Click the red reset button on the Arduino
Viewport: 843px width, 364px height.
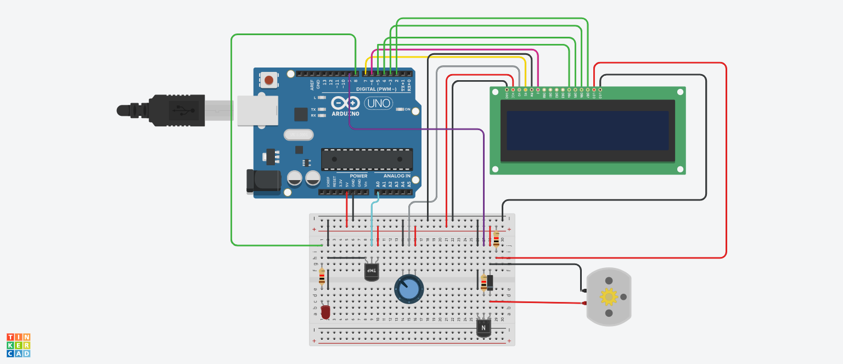(269, 80)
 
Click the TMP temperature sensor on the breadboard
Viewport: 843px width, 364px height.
(372, 271)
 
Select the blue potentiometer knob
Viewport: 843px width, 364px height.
(409, 289)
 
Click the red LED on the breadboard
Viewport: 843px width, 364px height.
(325, 312)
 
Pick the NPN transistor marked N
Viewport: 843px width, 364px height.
(483, 328)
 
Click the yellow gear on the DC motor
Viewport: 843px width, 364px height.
(609, 296)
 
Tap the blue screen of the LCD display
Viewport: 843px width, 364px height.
(587, 131)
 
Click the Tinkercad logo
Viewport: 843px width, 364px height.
(18, 345)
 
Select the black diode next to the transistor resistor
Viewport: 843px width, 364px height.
(490, 282)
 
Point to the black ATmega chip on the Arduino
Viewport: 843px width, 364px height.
(367, 159)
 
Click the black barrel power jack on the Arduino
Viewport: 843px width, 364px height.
(262, 181)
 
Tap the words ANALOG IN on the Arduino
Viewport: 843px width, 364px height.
(393, 176)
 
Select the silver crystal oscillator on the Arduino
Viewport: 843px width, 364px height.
(297, 135)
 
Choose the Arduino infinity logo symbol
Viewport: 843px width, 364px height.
(346, 103)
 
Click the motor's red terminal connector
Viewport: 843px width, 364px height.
(583, 303)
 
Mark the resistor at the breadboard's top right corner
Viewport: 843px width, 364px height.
(496, 239)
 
